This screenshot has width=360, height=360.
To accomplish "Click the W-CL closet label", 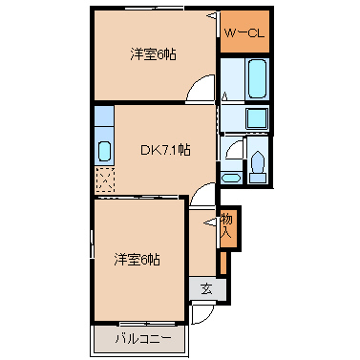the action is click(244, 33).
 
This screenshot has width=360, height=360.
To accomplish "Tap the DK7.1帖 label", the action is click(165, 150).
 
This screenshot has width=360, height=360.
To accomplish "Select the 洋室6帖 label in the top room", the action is click(153, 54).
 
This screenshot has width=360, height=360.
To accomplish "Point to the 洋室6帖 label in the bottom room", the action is click(137, 260).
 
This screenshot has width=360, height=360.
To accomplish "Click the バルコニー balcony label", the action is click(143, 339).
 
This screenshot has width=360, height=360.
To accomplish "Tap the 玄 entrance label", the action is click(206, 288).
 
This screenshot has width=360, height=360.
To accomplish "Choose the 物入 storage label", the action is click(226, 226).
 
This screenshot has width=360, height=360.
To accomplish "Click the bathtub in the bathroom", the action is click(257, 78).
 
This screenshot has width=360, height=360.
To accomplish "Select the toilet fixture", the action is click(258, 167).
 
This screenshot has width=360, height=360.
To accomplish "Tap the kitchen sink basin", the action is click(104, 151).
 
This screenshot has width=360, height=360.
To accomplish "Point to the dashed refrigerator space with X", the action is click(105, 180).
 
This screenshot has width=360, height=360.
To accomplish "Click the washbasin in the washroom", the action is click(231, 178).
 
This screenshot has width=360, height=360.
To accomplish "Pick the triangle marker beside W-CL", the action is click(213, 15).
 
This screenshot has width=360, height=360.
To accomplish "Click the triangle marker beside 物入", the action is click(211, 222).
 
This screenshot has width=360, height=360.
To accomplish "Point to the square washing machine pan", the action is click(257, 118).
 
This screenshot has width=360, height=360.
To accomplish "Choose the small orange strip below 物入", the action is click(223, 263).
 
